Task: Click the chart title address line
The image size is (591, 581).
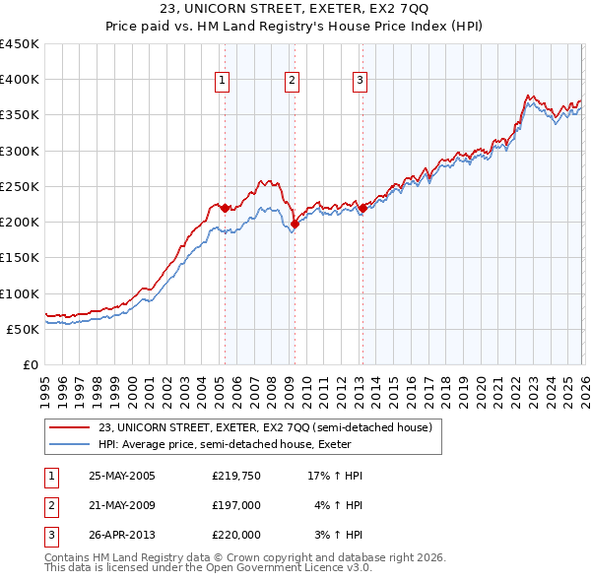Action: [x=295, y=9]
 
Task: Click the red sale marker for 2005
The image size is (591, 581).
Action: [x=225, y=208]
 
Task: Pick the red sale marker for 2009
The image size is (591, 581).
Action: [x=295, y=225]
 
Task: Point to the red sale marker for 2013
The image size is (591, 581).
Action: [x=362, y=208]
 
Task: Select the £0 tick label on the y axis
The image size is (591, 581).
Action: [x=29, y=364]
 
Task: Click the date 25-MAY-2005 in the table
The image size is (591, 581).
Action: [x=122, y=476]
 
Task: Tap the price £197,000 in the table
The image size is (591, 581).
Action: [x=236, y=505]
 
